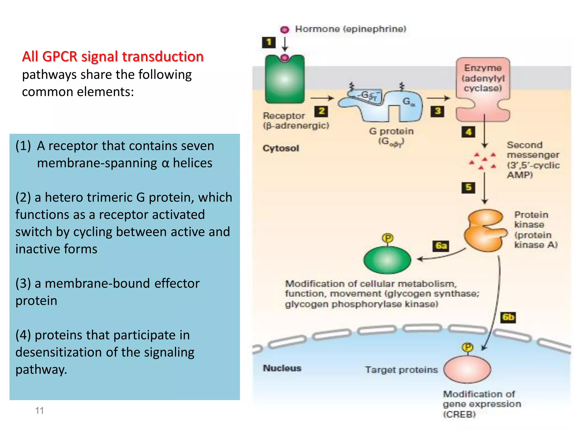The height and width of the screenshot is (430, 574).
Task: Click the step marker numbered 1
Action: (269, 43)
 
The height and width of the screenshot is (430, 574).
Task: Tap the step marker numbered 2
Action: (321, 111)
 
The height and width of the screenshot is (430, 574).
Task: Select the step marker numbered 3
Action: (438, 111)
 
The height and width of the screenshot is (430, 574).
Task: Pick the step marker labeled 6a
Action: (441, 246)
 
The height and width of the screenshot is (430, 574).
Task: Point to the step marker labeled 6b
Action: (508, 317)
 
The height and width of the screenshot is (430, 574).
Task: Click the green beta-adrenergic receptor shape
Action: (284, 80)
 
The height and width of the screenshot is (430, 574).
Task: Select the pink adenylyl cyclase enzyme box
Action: (483, 90)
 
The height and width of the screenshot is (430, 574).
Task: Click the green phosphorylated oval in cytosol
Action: (387, 260)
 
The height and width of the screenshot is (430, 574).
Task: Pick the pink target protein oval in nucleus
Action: (467, 369)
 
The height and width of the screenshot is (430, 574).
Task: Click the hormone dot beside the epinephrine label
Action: (284, 29)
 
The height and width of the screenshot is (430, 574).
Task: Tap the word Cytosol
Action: (281, 148)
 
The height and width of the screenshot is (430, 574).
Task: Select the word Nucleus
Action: (282, 368)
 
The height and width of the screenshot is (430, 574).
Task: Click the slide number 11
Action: (40, 410)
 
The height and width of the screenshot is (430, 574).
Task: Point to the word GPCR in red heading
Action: (59, 56)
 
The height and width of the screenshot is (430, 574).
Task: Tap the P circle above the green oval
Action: (388, 238)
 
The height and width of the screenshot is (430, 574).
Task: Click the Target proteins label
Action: (401, 370)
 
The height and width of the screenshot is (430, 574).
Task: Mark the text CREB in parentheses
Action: (459, 414)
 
